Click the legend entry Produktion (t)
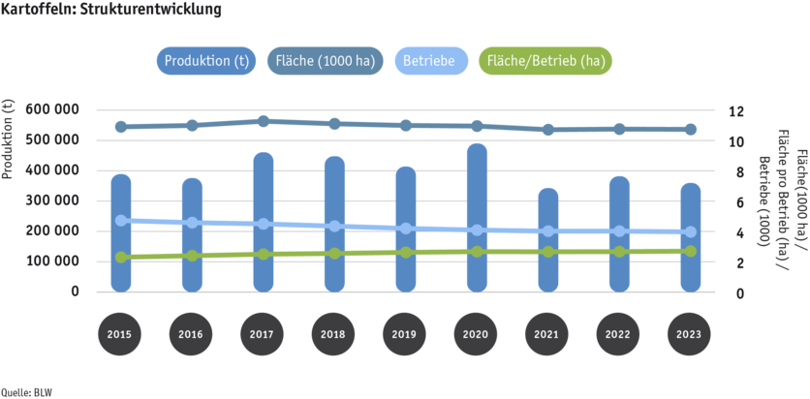click(x=206, y=62)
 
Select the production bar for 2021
click(x=548, y=242)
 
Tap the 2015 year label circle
click(x=121, y=334)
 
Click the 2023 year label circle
click(x=690, y=334)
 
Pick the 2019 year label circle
click(x=406, y=334)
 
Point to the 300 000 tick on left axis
click(x=59, y=200)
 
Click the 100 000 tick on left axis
click(x=59, y=261)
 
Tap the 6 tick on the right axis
click(x=733, y=201)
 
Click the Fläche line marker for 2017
click(x=264, y=120)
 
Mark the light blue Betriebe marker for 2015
click(x=121, y=221)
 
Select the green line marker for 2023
click(x=690, y=251)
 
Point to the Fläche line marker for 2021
click(x=548, y=129)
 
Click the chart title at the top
click(x=111, y=11)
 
